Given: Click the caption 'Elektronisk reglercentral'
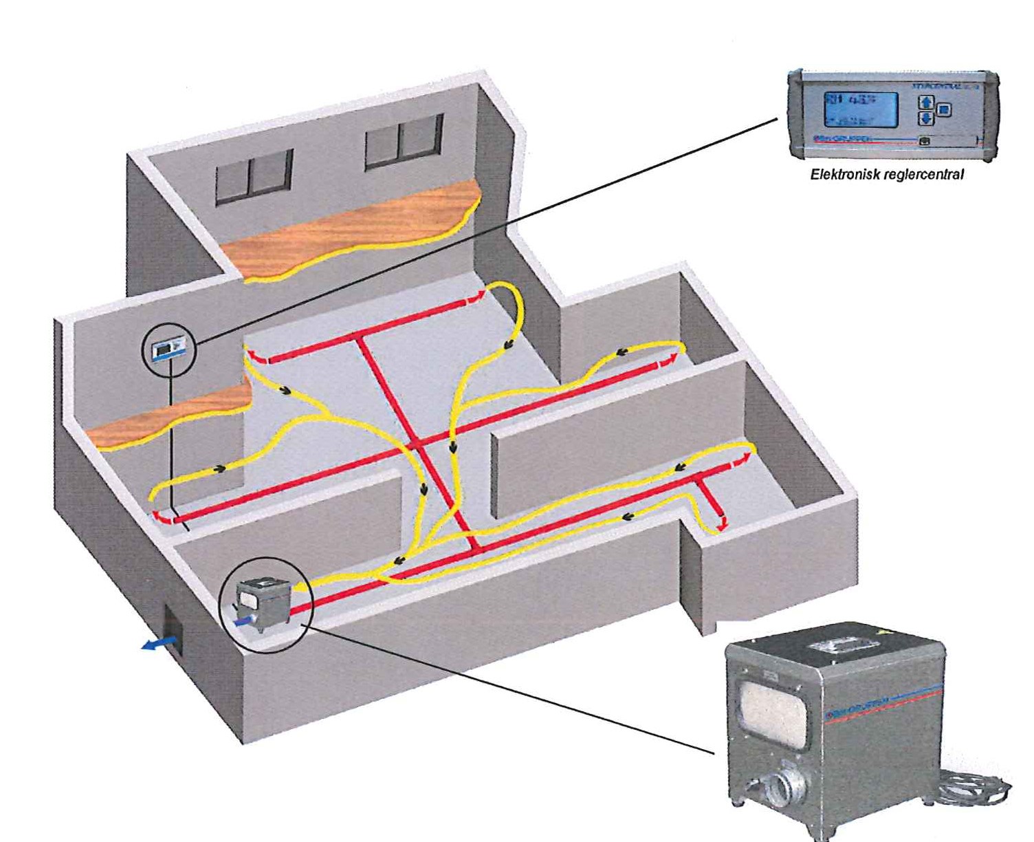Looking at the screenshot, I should click(x=886, y=175).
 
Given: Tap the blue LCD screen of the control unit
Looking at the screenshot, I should click(x=861, y=109).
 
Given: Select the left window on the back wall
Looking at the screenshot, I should click(x=253, y=177).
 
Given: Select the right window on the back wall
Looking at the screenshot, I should click(x=403, y=140).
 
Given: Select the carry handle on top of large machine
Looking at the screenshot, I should click(x=841, y=646).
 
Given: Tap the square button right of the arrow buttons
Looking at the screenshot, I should click(x=944, y=109).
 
